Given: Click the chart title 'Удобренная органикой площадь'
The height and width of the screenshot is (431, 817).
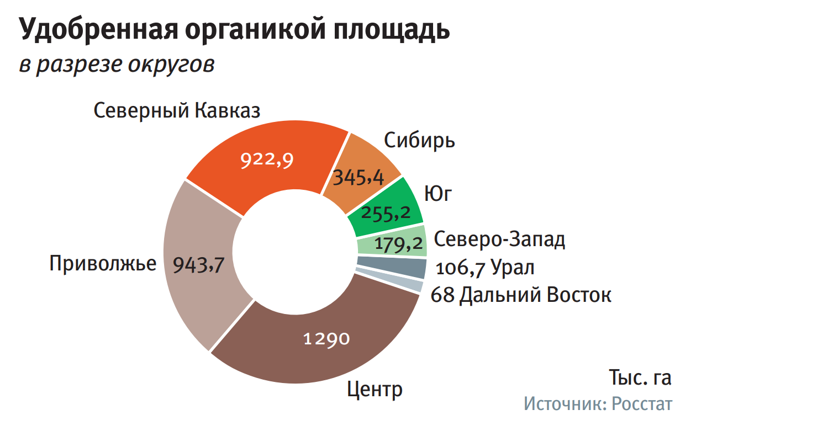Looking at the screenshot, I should coord(235,30).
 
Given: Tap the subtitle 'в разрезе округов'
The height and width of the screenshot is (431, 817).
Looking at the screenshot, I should coord(117,65).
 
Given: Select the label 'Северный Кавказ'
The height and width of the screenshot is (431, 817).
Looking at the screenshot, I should coord(177,110).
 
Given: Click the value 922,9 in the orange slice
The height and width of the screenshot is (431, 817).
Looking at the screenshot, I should coord(267,160).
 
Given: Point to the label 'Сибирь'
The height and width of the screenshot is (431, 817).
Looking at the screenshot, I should coord(420,140).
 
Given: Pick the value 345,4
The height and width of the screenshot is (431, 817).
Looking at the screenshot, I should coord(358,178).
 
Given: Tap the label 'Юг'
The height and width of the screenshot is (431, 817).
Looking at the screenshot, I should coord(438,194).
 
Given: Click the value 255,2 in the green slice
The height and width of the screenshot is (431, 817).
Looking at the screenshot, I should coord(386,212).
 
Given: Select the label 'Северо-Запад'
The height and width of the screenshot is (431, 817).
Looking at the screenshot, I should coord(499,240).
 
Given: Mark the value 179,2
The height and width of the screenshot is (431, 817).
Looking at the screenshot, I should coord(398,243).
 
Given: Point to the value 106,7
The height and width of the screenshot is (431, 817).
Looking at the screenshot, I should coord(461,269).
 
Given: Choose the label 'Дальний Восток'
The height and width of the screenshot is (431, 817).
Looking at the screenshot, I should coord(535,295).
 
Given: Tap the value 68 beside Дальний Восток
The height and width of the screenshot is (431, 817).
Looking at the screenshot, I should coord(442,295).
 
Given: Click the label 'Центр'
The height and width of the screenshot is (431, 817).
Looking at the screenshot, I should coord(375,390).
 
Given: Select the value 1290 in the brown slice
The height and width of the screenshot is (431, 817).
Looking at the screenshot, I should coord(326,338).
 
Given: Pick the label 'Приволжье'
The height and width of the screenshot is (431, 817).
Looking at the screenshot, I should coord(103,263).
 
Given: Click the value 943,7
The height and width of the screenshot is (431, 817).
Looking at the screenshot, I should coord(198,265).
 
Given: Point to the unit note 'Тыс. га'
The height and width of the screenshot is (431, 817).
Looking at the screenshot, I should coord(640,377).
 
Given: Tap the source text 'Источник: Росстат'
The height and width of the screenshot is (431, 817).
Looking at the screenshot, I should coord(598,404).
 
